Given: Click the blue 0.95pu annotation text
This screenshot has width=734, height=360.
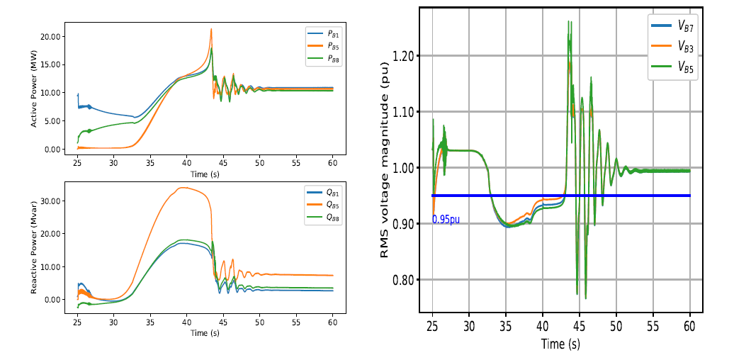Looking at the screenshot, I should click(446, 220).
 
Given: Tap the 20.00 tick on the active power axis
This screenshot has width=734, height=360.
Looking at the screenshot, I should click(54, 36).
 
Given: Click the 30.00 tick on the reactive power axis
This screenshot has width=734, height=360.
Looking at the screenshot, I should click(54, 201).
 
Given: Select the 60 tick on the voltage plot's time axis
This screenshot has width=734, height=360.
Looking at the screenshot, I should click(689, 326).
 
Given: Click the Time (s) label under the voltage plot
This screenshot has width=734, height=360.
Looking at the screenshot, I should click(560, 344).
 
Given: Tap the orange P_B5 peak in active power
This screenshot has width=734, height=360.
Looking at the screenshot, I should click(211, 29).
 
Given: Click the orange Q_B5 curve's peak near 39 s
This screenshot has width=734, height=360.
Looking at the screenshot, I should click(183, 188).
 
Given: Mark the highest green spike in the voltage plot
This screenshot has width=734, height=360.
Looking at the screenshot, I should click(569, 22).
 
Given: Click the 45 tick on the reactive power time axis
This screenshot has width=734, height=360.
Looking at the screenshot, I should click(223, 323).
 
